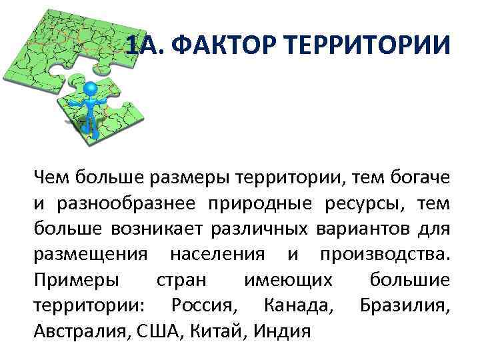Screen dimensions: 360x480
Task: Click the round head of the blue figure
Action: pyautogui.click(x=91, y=89)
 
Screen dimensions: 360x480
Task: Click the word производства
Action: pyautogui.click(x=385, y=255)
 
